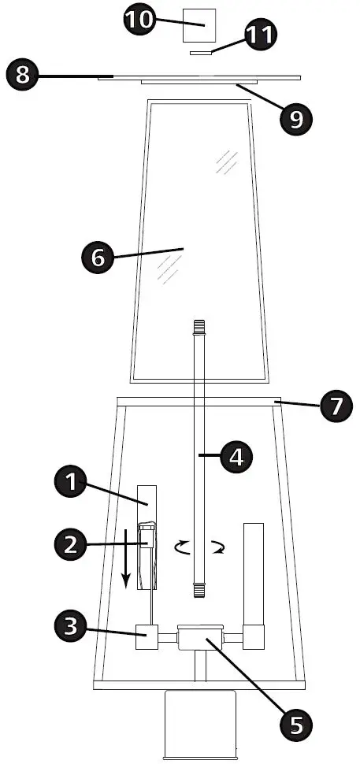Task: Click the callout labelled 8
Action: tap(24, 76)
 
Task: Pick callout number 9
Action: tap(295, 118)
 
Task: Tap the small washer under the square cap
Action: tap(202, 53)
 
